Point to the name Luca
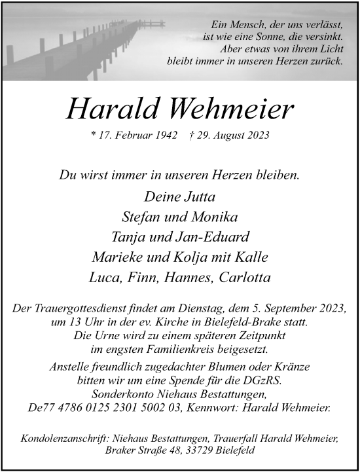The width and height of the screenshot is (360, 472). [x=104, y=277]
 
